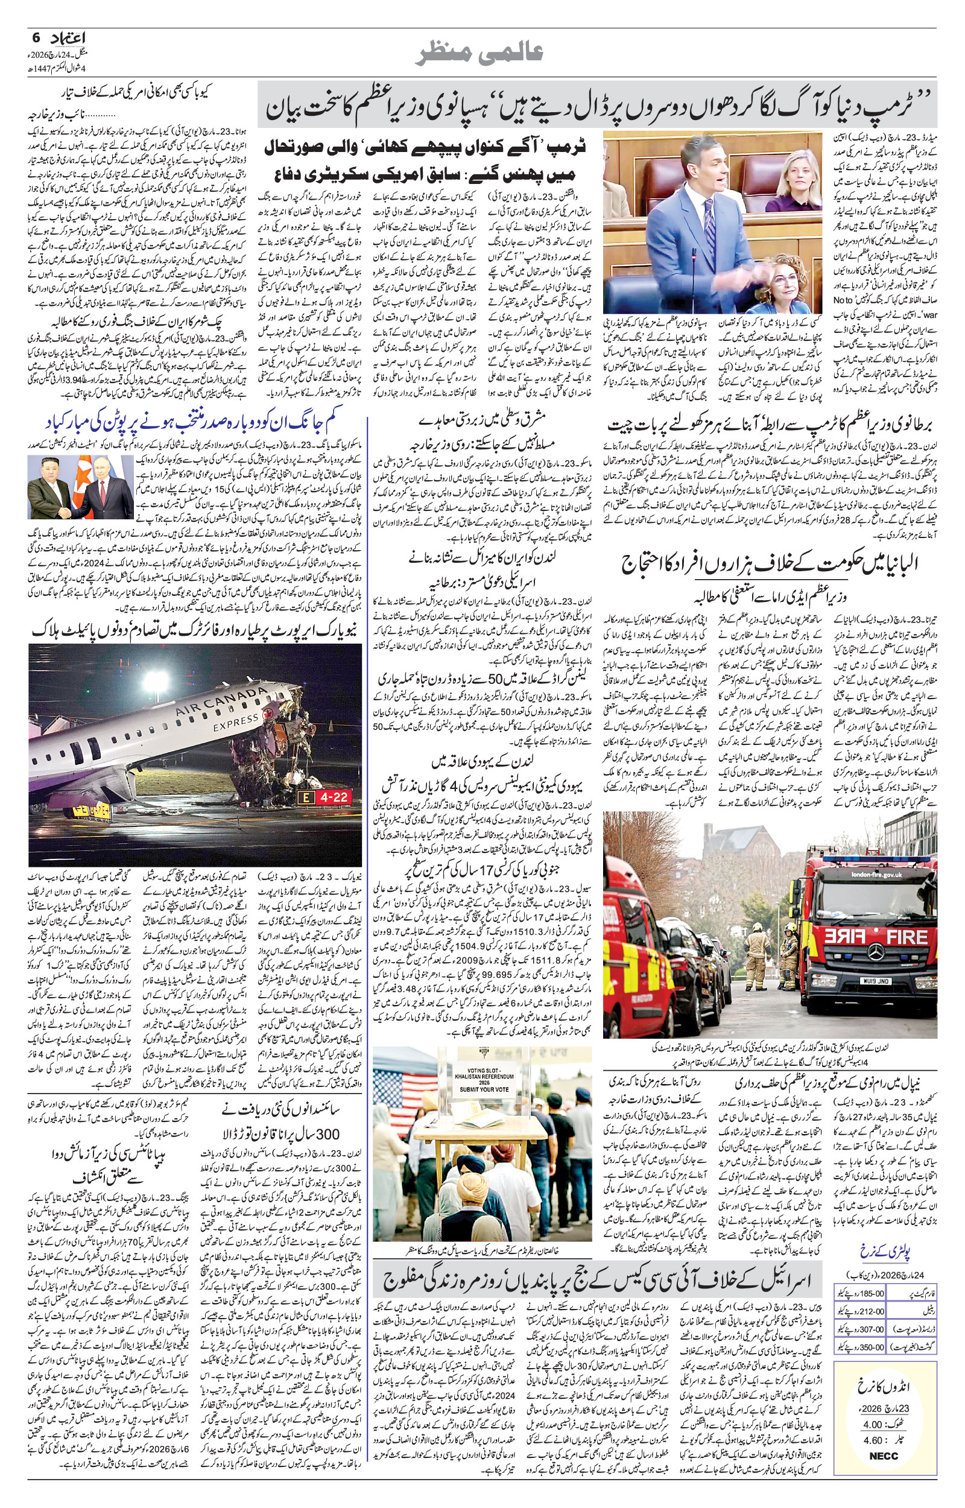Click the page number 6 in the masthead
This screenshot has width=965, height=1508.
pos(36,37)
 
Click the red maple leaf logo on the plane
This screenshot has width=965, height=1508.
pos(270,714)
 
